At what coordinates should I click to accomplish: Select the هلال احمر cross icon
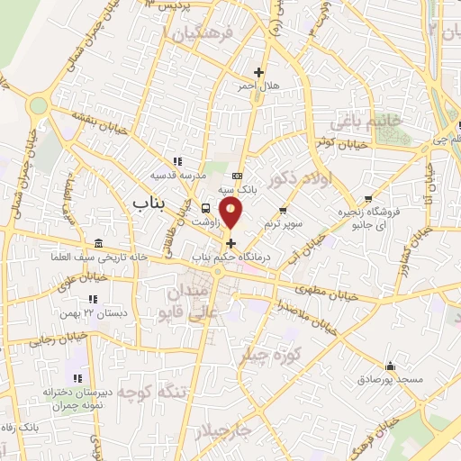(259, 72)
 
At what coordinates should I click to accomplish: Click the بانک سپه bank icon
(237, 175)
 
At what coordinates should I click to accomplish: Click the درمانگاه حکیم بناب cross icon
(231, 243)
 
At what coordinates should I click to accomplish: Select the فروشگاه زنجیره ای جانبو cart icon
(367, 199)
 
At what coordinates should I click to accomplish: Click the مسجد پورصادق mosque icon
(390, 366)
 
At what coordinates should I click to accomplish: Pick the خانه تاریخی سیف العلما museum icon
(98, 245)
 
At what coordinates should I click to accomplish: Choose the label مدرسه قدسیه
(169, 176)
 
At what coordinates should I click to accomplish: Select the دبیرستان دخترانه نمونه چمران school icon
(77, 377)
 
